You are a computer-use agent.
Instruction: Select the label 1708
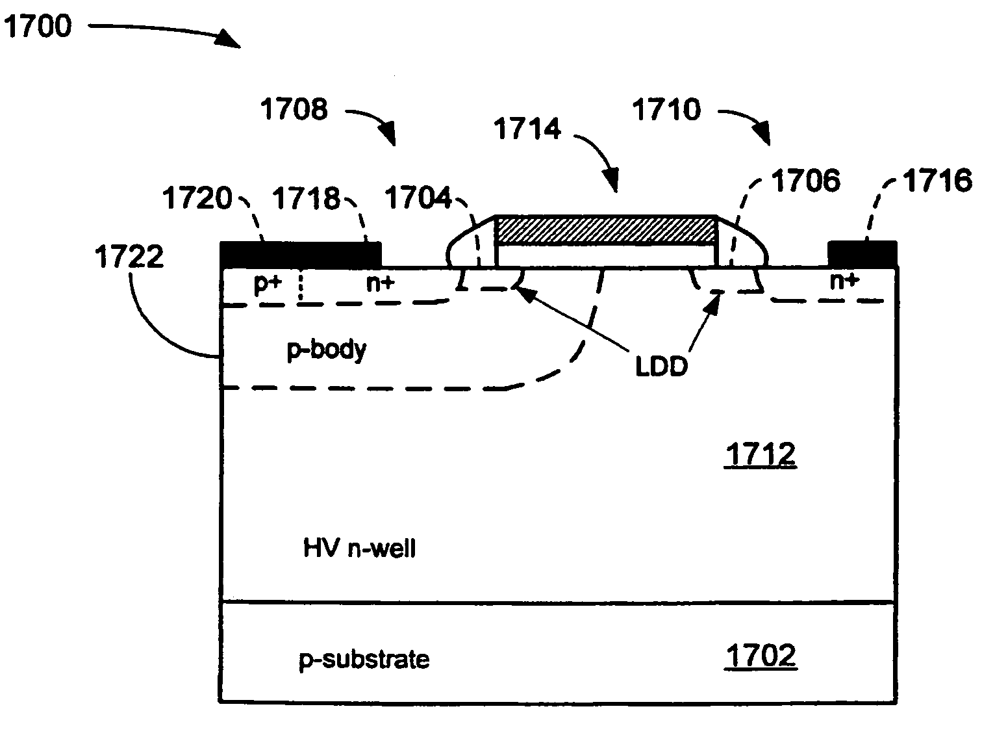click(x=294, y=109)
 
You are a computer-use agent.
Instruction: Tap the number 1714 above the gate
click(x=527, y=128)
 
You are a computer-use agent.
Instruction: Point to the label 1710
click(x=667, y=109)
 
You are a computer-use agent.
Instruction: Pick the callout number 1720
click(x=197, y=198)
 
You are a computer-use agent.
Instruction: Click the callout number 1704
click(x=418, y=198)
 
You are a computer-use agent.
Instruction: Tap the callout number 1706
click(x=806, y=180)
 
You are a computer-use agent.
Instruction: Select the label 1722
click(x=129, y=257)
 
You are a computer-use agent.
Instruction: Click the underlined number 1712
click(x=761, y=454)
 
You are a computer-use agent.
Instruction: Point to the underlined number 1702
click(x=761, y=656)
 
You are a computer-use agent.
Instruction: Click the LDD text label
click(x=661, y=367)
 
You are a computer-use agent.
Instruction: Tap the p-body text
click(x=327, y=350)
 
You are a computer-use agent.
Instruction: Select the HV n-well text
click(x=359, y=548)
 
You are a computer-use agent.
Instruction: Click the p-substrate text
click(x=364, y=659)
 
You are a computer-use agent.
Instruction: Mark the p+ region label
click(x=267, y=284)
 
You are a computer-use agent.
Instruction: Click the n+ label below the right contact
click(x=844, y=281)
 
